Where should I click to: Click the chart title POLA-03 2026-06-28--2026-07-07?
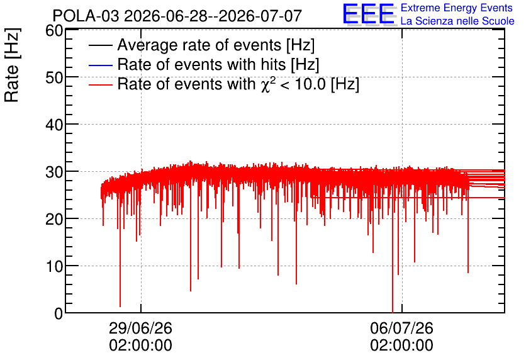(x=177, y=16)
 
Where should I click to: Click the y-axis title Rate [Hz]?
(x=12, y=65)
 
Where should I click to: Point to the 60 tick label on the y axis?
(x=54, y=31)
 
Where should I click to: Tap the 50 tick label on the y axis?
(x=54, y=78)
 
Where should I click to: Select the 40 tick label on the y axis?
(x=54, y=125)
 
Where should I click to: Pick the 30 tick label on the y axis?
(x=54, y=172)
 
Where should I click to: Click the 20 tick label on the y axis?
(x=54, y=220)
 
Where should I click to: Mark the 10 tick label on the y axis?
(x=54, y=267)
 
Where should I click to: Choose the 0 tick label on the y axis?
(x=59, y=314)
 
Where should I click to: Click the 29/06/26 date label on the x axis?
(x=140, y=328)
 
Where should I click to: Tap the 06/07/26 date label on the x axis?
(x=401, y=328)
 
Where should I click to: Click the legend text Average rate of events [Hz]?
(x=216, y=45)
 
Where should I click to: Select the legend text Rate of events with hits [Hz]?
(x=218, y=64)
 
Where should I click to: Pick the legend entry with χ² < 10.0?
(x=238, y=84)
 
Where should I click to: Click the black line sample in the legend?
(x=100, y=45)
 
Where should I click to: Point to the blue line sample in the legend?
(x=100, y=65)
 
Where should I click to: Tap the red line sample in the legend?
(x=100, y=85)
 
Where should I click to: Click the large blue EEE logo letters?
(x=369, y=14)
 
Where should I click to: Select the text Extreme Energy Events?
(x=457, y=8)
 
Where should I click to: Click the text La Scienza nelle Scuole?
(x=457, y=21)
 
